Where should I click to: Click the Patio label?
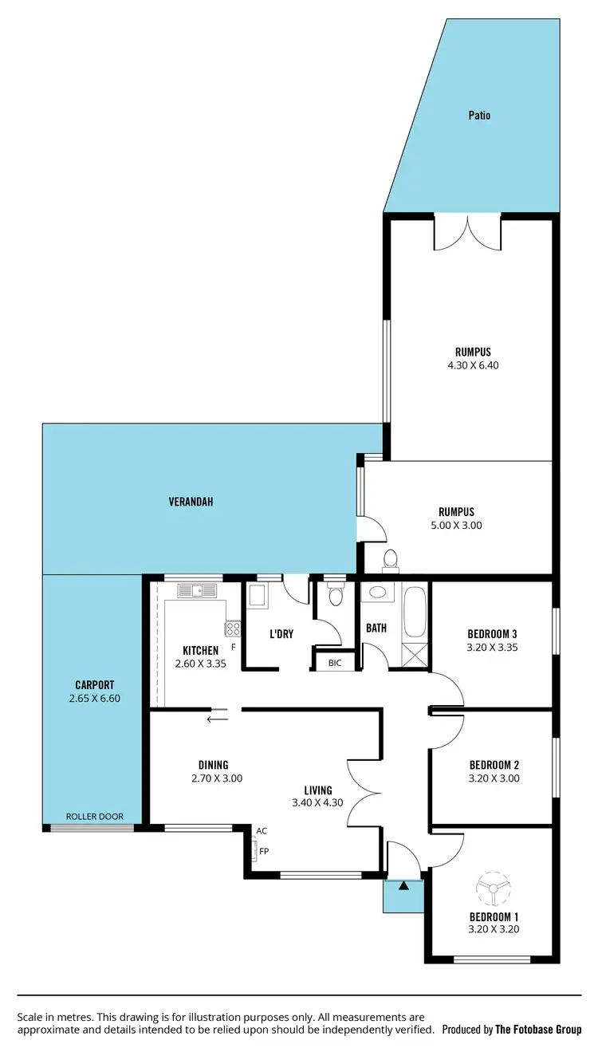point(478,116)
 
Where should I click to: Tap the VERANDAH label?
point(191,502)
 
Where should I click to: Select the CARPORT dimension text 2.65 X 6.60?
point(95,699)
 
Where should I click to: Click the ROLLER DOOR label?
point(94,817)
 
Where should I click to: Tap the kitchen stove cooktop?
point(233,628)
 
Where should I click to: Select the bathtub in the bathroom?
point(415,613)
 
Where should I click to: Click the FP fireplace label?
point(264,851)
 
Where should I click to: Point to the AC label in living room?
point(262,831)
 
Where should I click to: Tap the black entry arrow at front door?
point(403,885)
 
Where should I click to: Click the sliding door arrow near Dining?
point(217,719)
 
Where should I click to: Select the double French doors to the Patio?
point(467,233)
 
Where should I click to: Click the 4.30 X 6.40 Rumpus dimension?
point(473,365)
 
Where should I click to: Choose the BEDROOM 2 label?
point(494,765)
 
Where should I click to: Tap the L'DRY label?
point(281,634)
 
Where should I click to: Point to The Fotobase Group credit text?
point(538,1030)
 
